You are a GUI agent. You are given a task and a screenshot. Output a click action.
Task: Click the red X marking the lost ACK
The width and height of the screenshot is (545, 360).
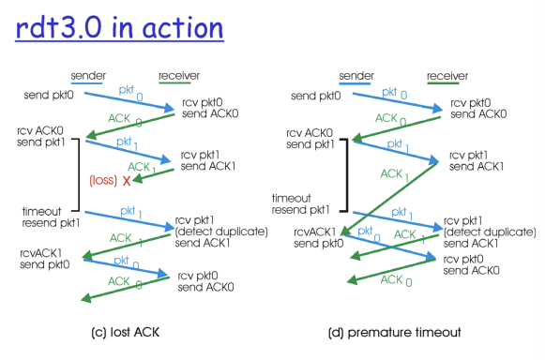click(127, 181)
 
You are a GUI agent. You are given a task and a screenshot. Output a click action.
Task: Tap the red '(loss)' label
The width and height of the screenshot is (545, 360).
click(103, 180)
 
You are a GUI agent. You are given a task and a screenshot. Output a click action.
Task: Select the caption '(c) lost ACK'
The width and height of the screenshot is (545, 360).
click(125, 332)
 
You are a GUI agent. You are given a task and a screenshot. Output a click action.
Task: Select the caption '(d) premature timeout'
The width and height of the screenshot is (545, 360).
click(395, 333)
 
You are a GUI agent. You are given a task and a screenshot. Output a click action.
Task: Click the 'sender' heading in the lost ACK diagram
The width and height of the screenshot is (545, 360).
click(88, 76)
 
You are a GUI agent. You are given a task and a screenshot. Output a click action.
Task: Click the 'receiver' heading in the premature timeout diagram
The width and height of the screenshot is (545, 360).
click(447, 76)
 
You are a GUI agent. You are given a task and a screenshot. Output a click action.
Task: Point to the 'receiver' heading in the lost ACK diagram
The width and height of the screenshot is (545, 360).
click(179, 76)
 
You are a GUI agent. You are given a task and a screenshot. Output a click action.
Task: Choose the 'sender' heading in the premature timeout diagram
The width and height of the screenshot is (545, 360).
click(356, 76)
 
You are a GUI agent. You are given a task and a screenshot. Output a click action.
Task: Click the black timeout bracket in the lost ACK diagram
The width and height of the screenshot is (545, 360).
click(79, 174)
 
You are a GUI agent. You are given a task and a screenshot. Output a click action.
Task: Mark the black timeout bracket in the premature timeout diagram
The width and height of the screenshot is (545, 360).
click(347, 175)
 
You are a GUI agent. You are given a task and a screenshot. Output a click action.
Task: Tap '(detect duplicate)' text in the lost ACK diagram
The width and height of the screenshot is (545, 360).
click(221, 232)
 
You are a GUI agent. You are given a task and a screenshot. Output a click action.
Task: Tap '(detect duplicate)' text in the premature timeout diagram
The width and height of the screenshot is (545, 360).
click(490, 232)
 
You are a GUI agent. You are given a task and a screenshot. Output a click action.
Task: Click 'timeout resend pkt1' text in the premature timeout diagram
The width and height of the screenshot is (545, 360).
click(301, 204)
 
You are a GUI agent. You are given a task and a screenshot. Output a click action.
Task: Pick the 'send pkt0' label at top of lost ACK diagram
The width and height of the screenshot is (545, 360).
click(49, 95)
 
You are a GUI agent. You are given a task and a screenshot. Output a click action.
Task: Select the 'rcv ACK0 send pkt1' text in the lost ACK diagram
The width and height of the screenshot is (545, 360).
click(40, 137)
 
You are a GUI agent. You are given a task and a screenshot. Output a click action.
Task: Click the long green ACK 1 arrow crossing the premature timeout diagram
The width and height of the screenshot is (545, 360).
click(389, 198)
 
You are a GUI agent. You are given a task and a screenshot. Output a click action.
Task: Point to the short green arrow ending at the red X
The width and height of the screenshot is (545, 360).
click(153, 175)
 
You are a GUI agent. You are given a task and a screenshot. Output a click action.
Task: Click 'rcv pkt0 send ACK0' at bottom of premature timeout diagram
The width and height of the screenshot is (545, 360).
click(471, 264)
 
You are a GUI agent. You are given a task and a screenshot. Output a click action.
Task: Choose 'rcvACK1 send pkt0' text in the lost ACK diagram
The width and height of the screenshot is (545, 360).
click(45, 259)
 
